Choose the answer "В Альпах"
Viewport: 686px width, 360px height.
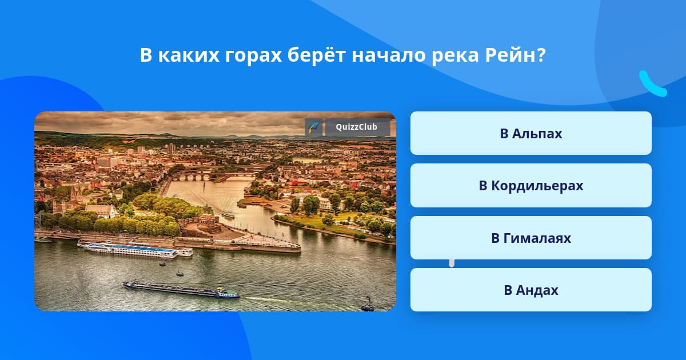[531, 133]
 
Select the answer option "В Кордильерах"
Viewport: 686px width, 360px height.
[531, 186]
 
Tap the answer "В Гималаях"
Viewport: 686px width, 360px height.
[531, 238]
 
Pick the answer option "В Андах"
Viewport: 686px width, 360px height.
[531, 290]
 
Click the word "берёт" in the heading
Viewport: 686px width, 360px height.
[317, 55]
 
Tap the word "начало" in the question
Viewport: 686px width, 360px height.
[389, 56]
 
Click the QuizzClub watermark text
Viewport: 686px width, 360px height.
[357, 127]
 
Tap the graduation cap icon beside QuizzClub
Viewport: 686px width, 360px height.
[313, 127]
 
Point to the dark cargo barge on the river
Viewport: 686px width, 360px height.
[181, 290]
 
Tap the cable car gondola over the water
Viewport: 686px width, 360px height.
[368, 305]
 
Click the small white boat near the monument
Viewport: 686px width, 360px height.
[228, 214]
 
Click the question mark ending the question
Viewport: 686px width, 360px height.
[541, 55]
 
